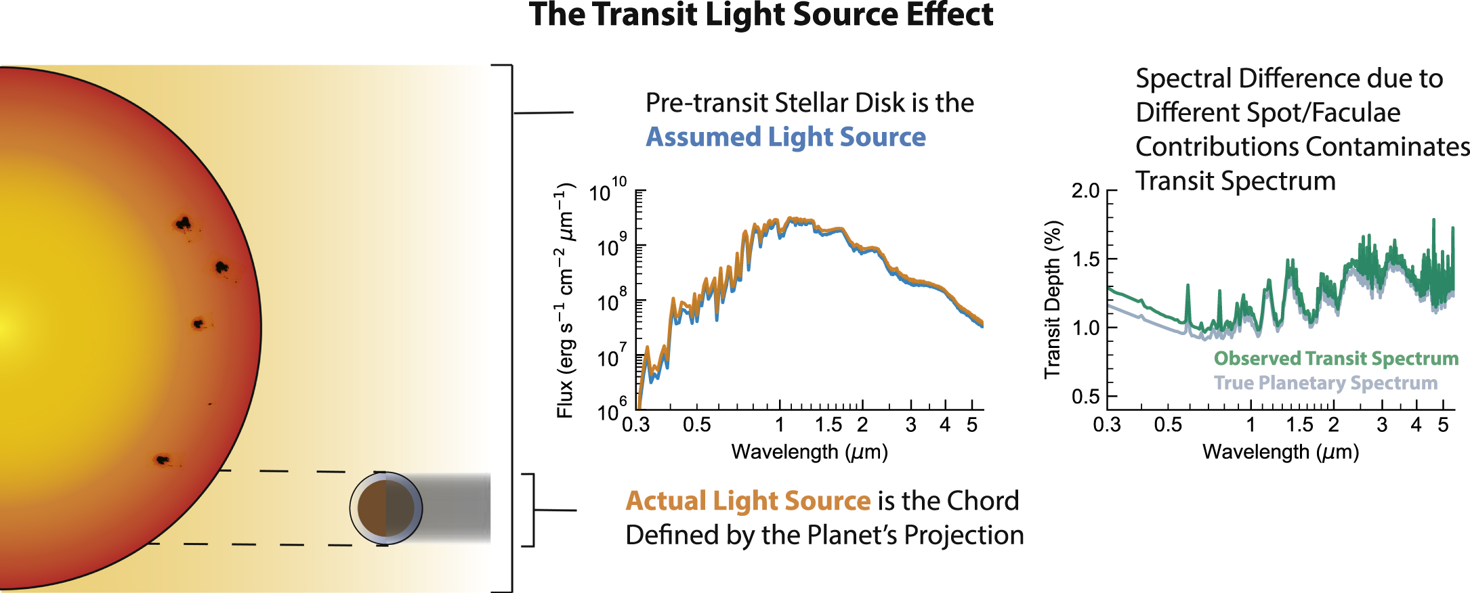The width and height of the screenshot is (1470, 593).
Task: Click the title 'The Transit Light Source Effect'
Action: tap(761, 15)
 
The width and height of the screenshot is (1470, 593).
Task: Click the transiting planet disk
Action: tap(385, 508)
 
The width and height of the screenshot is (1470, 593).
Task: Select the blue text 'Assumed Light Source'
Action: tap(785, 137)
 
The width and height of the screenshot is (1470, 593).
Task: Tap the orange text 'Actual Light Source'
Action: tap(747, 501)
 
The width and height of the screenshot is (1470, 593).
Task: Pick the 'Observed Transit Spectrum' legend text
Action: tap(1335, 358)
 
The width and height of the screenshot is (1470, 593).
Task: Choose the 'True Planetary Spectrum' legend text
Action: tap(1325, 383)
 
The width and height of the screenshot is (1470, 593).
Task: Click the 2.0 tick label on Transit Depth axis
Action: tap(1085, 191)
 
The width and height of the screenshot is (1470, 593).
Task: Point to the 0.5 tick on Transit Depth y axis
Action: tap(1085, 397)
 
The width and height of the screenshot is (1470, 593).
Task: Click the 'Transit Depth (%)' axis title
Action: tap(1052, 300)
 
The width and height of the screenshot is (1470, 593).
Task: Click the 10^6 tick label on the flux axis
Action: tap(611, 410)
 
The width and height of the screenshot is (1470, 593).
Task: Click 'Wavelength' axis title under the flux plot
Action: tap(810, 452)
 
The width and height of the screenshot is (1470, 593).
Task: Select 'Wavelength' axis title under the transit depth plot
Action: tap(1280, 452)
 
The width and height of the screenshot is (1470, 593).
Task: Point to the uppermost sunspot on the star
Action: tap(183, 223)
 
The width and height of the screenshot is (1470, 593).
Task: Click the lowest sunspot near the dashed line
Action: tap(162, 460)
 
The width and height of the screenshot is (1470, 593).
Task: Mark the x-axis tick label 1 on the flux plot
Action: tap(780, 425)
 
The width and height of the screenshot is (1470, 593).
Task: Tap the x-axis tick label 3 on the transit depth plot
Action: tap(1382, 425)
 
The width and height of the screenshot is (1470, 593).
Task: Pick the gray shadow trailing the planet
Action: tap(454, 508)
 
